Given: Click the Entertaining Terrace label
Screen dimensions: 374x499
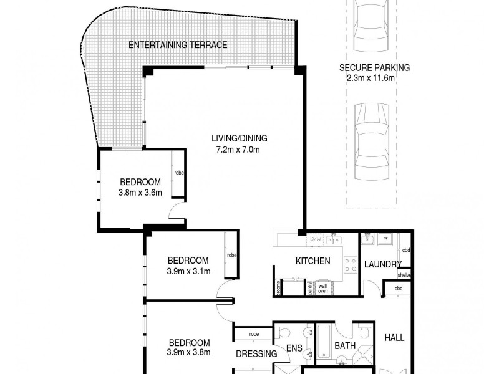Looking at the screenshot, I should tap(178, 45).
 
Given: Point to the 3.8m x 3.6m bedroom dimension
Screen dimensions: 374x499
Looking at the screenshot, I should tap(140, 192).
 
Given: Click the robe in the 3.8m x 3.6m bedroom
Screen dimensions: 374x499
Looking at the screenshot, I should tap(178, 173).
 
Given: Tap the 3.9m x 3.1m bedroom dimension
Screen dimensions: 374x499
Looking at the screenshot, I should tap(188, 271).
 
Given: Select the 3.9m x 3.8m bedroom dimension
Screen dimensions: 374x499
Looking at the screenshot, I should tap(188, 352).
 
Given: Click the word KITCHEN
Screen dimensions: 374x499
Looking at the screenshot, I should tap(312, 261).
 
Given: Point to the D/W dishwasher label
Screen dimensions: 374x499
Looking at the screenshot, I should tap(316, 239).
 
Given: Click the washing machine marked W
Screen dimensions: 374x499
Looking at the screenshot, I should tap(386, 238).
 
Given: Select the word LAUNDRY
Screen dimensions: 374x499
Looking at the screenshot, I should tap(382, 264).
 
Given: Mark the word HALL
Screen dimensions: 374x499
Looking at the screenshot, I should tap(394, 338).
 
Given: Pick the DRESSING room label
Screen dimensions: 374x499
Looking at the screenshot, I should tap(256, 354).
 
